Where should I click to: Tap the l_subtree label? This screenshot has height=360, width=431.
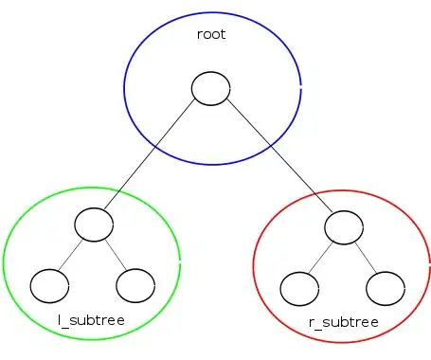pos(91,321)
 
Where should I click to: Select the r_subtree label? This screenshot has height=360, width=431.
pos(344,322)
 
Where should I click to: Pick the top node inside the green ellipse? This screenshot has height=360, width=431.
pos(94,225)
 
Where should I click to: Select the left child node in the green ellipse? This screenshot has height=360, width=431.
pos(49,283)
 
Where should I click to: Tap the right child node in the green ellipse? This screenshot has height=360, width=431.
pos(135,283)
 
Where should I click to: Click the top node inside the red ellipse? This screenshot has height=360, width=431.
pos(344,226)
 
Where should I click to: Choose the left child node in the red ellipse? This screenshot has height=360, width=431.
pos(300,285)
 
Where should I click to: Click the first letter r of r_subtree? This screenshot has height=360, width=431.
pos(313,323)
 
